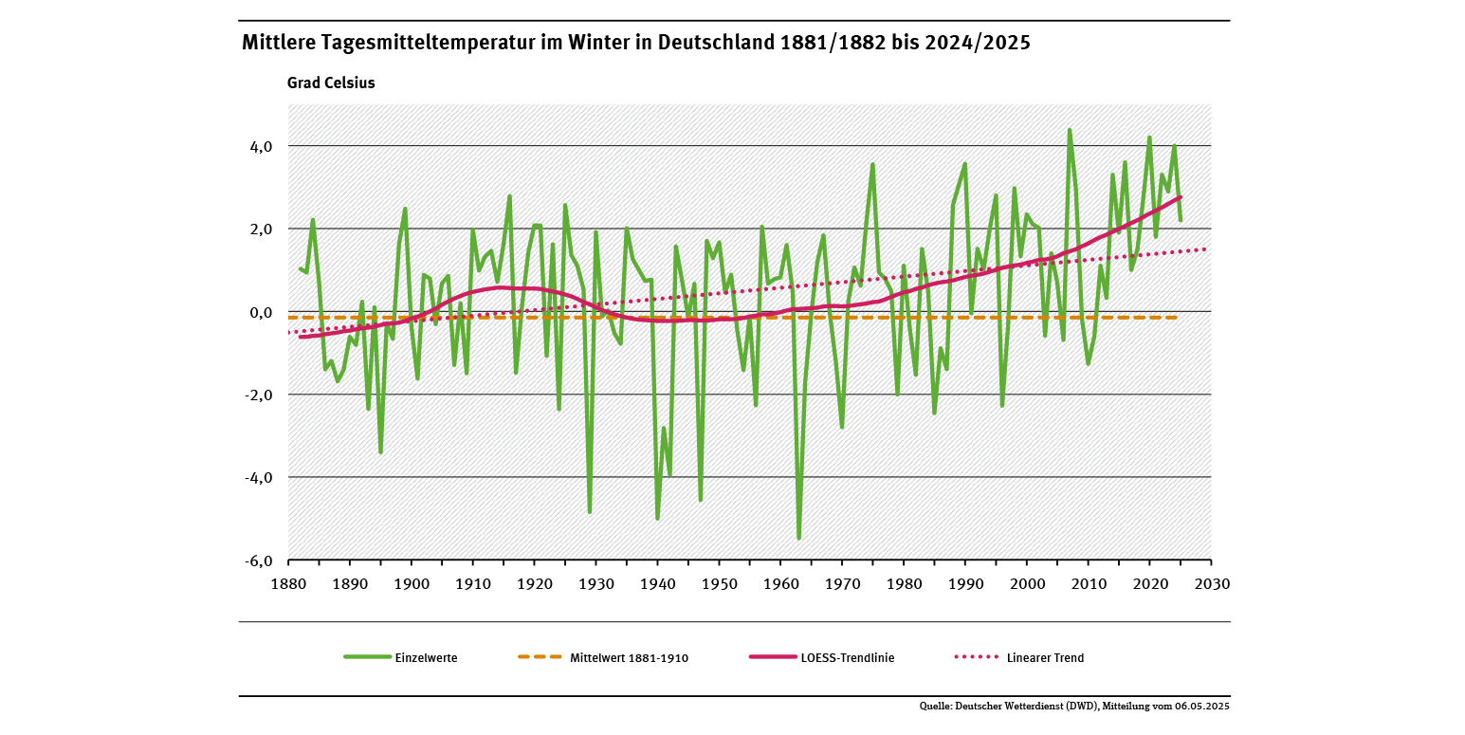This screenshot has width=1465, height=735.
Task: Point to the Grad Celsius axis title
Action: click(x=331, y=83)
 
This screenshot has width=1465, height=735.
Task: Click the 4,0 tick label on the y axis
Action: click(x=261, y=146)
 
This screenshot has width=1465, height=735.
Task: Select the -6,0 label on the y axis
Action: click(x=259, y=560)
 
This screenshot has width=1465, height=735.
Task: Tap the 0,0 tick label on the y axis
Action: click(x=261, y=312)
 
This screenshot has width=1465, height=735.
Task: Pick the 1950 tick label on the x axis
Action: click(x=719, y=583)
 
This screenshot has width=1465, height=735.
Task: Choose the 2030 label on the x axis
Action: click(x=1212, y=583)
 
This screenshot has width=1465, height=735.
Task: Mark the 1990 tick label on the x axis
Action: click(x=965, y=583)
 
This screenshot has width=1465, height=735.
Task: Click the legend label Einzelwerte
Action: click(x=426, y=657)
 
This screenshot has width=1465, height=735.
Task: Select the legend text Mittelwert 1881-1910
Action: click(x=629, y=657)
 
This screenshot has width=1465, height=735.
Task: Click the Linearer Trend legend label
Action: click(x=1046, y=657)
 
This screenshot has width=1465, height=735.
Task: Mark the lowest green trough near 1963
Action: click(x=799, y=538)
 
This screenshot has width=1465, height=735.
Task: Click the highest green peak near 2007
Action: click(x=1070, y=130)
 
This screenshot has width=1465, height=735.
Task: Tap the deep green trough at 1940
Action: click(x=657, y=518)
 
